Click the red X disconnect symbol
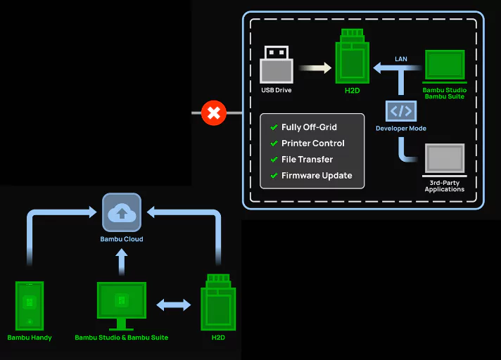(x=213, y=112)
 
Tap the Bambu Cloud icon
(x=122, y=212)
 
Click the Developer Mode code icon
(x=401, y=111)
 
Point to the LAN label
(x=401, y=58)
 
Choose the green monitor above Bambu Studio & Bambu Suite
(x=122, y=304)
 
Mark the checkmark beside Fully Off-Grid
(x=274, y=127)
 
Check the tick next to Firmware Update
(x=274, y=176)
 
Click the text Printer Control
(x=313, y=143)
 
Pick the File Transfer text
(x=307, y=160)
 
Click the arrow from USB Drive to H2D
(x=315, y=68)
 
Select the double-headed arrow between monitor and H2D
(x=173, y=305)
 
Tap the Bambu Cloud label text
(x=122, y=240)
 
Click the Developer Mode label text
(x=401, y=129)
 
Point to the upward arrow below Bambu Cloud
(x=122, y=262)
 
